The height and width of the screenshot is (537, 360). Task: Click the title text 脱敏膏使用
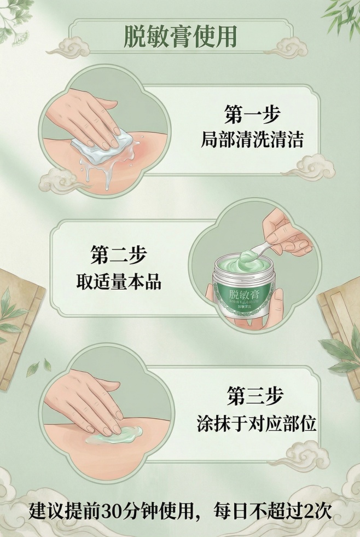pos(180,37)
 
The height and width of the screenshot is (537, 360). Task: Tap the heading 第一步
pos(252,115)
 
